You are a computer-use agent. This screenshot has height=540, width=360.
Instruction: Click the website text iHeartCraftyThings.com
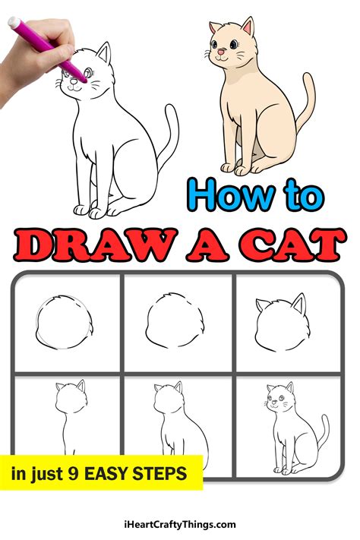(180, 524)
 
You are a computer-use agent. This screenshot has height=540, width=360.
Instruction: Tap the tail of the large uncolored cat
(168, 141)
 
